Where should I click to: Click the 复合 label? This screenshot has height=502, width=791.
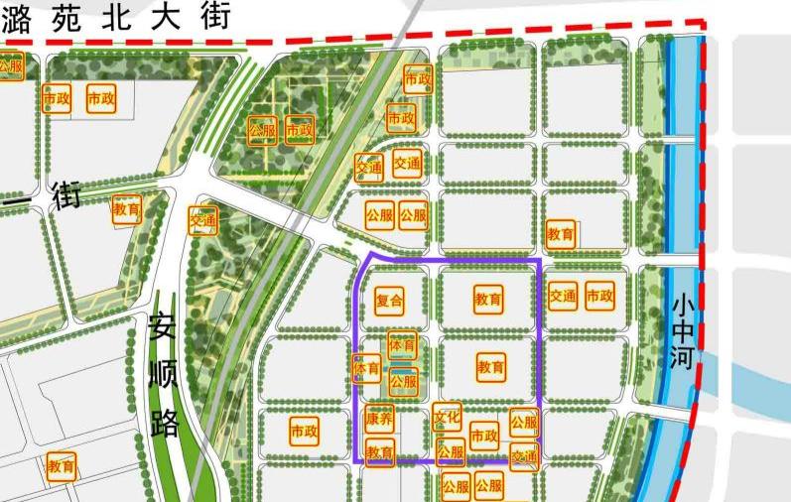[390, 300]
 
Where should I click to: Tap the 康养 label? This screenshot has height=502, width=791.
[379, 420]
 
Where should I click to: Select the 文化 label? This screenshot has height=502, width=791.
[447, 417]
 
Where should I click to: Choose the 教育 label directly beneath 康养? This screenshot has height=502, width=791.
[380, 453]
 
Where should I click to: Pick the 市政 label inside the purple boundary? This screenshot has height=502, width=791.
[483, 436]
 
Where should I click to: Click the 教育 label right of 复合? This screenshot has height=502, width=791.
[487, 299]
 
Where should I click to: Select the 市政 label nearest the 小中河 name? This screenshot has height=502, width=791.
[599, 296]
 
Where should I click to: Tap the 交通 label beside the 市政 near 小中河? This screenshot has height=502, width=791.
[563, 296]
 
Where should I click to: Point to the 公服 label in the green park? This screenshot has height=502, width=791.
[262, 130]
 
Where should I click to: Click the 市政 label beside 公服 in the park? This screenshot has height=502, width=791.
[299, 130]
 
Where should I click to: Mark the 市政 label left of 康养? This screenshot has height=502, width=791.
[304, 432]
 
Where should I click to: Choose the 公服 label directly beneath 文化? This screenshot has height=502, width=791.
[451, 453]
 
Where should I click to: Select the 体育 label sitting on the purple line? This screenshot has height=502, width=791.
[366, 367]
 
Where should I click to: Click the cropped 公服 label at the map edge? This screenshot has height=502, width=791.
[10, 65]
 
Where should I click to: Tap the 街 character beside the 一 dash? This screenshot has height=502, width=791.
[66, 193]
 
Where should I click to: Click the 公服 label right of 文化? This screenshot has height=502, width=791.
[524, 422]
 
